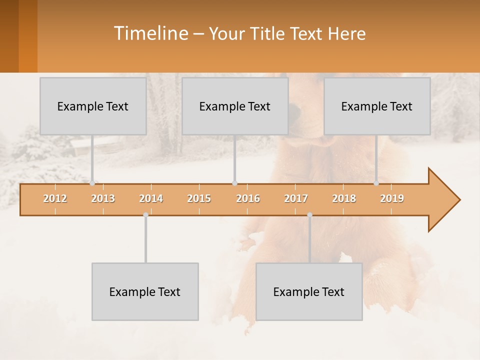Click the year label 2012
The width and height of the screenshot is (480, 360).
click(55, 198)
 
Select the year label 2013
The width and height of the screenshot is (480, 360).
click(103, 198)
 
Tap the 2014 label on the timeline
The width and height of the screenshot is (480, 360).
click(151, 198)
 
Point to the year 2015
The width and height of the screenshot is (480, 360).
click(199, 198)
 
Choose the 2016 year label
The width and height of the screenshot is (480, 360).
click(248, 198)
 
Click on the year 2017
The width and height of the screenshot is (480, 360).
click(296, 198)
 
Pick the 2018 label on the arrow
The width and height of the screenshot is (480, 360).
click(344, 198)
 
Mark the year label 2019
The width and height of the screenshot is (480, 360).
click(392, 198)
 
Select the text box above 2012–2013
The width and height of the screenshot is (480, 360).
click(93, 106)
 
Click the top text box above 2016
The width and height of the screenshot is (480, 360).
click(235, 106)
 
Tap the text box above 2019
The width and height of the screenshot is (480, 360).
click(377, 106)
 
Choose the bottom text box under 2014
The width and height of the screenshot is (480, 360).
click(145, 291)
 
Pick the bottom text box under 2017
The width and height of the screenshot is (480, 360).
click(309, 291)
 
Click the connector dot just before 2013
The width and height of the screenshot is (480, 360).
click(92, 183)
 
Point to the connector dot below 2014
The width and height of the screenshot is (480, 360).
click(145, 215)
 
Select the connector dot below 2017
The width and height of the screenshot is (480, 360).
click(309, 215)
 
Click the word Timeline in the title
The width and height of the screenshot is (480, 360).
click(150, 33)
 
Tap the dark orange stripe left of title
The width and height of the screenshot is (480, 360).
click(9, 36)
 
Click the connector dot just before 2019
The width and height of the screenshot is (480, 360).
click(376, 183)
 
